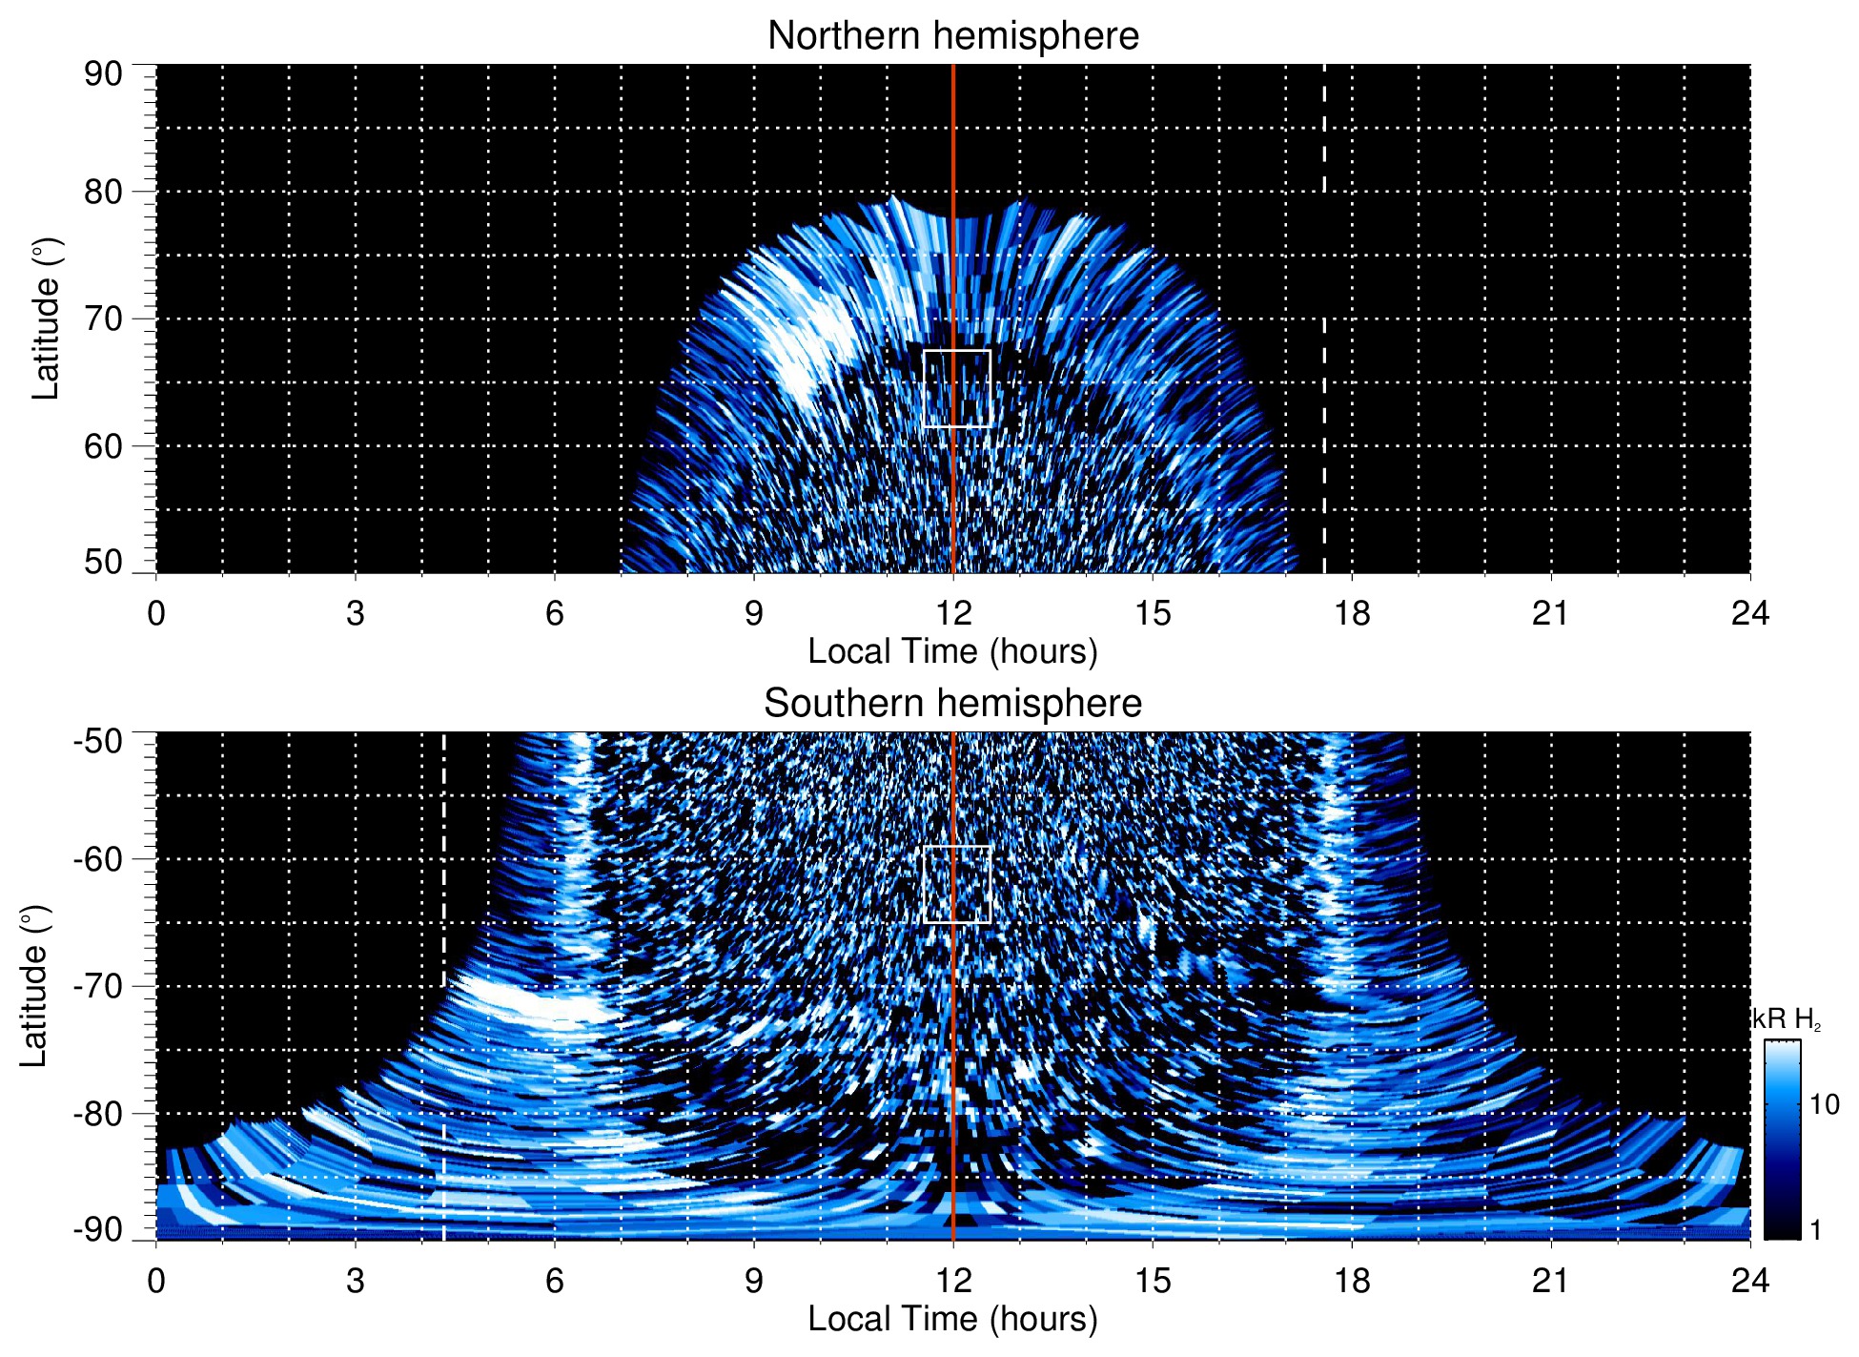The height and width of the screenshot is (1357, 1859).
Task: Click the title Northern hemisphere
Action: coord(952,36)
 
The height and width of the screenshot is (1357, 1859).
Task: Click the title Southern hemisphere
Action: coord(952,704)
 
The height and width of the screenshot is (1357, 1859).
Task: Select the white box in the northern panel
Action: coord(957,388)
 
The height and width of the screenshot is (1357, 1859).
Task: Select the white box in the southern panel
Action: coord(957,884)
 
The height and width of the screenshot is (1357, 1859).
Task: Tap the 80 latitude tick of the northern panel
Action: coord(104,192)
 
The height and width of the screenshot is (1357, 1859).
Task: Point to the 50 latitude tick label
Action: coord(104,563)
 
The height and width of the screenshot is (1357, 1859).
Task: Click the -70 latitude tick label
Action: coord(99,986)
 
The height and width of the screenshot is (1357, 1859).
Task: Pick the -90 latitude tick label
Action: coord(99,1230)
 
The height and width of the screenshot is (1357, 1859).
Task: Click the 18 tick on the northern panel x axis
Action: coord(1352,613)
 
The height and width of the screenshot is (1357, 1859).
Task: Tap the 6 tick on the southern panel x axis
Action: coord(555,1281)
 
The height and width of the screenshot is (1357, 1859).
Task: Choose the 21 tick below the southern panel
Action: coord(1551,1281)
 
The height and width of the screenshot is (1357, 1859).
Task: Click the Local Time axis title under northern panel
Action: coord(952,651)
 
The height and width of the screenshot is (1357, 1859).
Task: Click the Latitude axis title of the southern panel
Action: coord(34,986)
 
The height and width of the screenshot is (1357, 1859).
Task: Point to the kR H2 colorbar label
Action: coord(1787,1019)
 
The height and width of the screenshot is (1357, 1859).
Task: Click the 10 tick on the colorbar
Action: coord(1824,1104)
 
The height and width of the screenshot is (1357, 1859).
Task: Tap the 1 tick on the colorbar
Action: coord(1815,1230)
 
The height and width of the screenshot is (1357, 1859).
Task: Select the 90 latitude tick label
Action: coord(104,74)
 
